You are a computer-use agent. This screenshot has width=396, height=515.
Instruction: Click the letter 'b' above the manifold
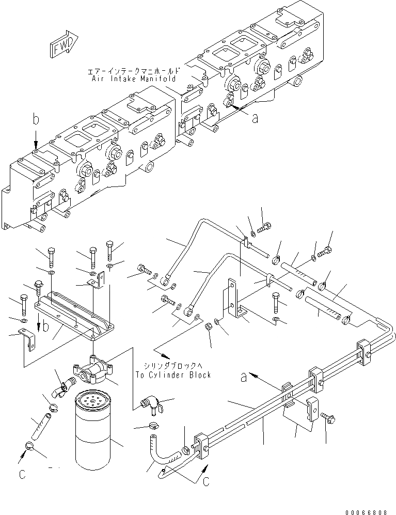[36, 120]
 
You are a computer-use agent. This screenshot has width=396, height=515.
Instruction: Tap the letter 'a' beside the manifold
[254, 118]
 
